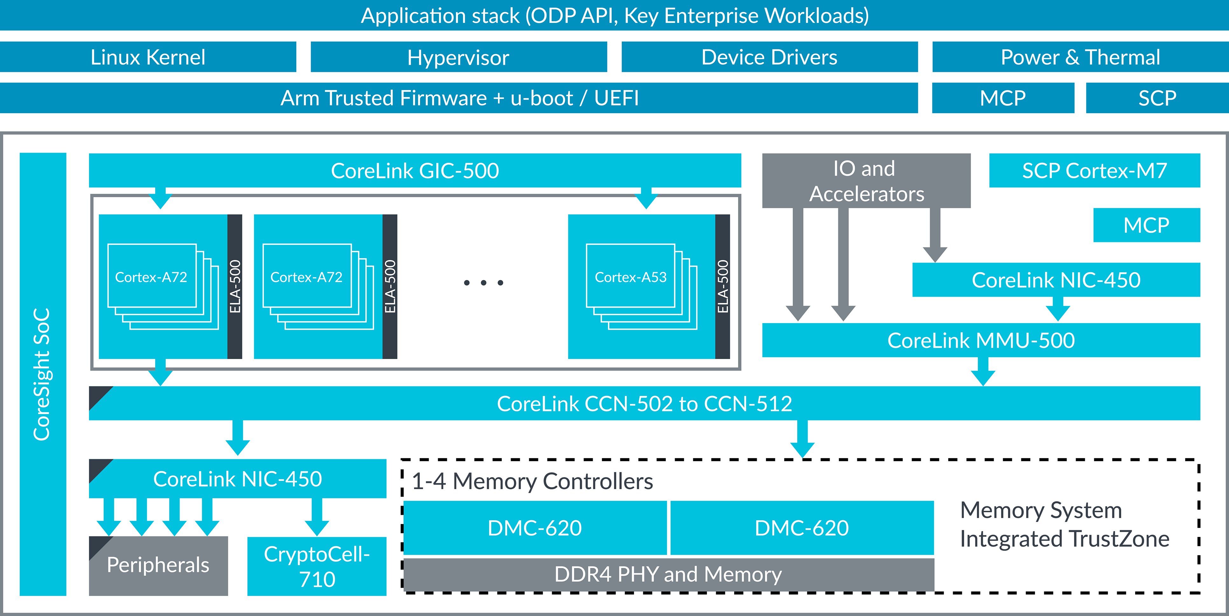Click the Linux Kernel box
(x=148, y=57)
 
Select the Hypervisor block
(x=459, y=57)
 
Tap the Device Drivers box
(x=769, y=57)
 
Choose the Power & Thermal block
(x=1080, y=57)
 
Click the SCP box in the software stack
(x=1157, y=98)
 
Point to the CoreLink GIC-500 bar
(x=415, y=170)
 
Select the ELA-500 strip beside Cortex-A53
(x=722, y=286)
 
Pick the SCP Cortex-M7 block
(x=1094, y=170)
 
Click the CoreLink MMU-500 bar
(x=981, y=340)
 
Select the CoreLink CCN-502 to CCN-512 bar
(x=644, y=404)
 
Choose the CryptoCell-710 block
(x=317, y=566)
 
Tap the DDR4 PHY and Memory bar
(x=668, y=574)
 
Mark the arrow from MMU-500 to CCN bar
(x=983, y=372)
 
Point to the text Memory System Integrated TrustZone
(x=1064, y=524)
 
